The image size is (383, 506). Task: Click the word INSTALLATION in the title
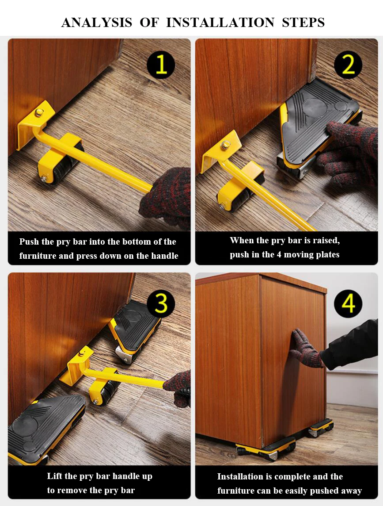coord(220,22)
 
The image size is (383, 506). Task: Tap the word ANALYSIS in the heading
coord(97,22)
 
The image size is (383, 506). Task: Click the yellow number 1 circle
coord(161,65)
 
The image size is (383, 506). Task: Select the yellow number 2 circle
coord(348,65)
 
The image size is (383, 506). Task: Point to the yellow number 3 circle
coord(161,303)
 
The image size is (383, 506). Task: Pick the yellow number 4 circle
coord(348,303)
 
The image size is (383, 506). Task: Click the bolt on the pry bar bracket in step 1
coord(40,113)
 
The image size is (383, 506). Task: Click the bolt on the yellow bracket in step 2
coord(226,145)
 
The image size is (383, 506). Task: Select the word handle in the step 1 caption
coord(163,256)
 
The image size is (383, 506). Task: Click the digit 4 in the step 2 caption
coord(279,255)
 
